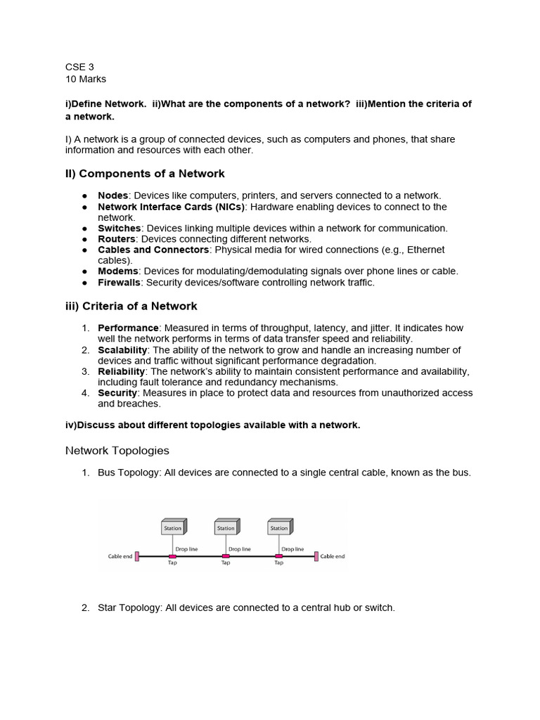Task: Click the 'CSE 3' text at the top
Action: tap(79, 67)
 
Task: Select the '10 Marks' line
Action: tap(86, 79)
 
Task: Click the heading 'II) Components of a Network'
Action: tap(145, 174)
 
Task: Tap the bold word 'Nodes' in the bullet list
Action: tap(112, 195)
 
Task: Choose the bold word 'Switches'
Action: tap(119, 229)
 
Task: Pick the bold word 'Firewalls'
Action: tap(119, 283)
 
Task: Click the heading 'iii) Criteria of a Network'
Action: tap(131, 306)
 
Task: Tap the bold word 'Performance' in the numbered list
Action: tap(128, 328)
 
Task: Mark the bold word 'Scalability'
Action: tap(122, 350)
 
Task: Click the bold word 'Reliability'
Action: tap(121, 371)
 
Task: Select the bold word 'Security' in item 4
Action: tap(117, 393)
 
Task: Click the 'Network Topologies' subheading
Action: tap(117, 450)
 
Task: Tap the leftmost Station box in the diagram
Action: tap(173, 527)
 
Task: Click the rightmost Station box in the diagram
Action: tap(279, 527)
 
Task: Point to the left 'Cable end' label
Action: tap(120, 556)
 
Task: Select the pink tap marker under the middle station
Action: tap(226, 556)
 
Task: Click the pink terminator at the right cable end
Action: tap(316, 556)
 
